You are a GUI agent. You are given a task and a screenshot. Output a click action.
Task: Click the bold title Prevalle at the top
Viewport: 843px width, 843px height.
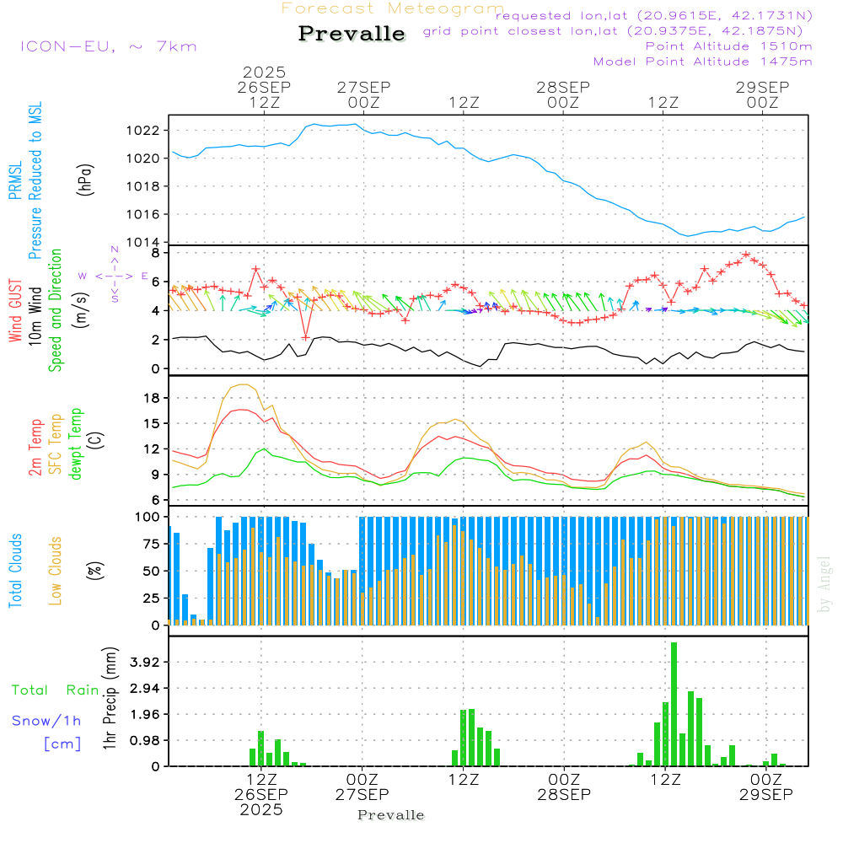(x=352, y=34)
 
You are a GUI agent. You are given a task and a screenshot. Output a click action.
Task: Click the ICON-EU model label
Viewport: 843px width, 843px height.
(x=108, y=46)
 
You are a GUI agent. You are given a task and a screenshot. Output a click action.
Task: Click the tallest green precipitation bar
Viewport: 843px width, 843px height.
(x=674, y=704)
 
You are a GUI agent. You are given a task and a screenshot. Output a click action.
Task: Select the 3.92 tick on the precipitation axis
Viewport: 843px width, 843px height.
(x=143, y=663)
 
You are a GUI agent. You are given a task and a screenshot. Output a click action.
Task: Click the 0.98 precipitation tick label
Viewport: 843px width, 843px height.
(x=143, y=740)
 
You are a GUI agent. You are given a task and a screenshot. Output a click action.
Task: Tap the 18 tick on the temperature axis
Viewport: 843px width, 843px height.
(x=151, y=398)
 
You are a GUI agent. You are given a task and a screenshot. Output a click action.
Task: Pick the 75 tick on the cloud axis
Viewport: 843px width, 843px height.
(x=149, y=544)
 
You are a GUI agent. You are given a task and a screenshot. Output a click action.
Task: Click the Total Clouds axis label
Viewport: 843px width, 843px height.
(x=15, y=571)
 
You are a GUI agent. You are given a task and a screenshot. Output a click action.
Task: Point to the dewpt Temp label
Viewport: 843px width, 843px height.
(x=77, y=444)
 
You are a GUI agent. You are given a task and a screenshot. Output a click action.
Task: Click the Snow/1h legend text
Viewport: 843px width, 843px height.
(x=46, y=720)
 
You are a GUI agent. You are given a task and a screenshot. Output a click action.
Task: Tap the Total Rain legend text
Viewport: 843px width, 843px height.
(x=55, y=690)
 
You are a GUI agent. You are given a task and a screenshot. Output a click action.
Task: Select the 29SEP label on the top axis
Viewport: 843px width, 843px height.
(x=762, y=87)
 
